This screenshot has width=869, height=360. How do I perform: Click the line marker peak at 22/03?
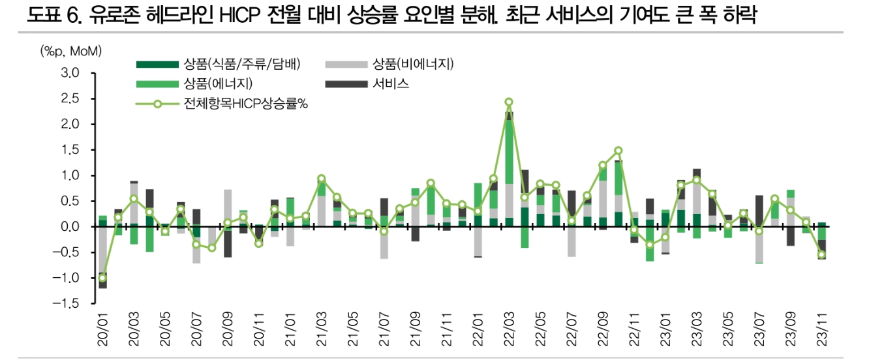click(x=509, y=102)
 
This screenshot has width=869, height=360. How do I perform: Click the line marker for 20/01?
click(x=102, y=278)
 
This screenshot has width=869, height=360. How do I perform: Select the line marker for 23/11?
click(x=821, y=254)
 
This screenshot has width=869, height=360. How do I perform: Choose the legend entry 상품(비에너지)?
click(x=412, y=64)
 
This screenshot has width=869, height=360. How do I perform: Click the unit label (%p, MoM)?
click(x=71, y=51)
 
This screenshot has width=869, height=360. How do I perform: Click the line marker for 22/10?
click(x=618, y=151)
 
